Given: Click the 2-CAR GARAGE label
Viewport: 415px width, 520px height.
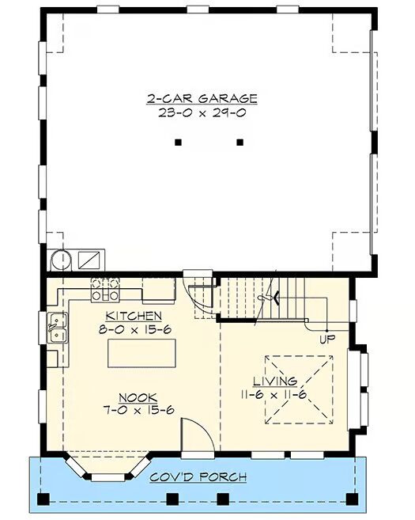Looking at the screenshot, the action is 202,99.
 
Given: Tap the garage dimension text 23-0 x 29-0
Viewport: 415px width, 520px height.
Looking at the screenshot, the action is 202,113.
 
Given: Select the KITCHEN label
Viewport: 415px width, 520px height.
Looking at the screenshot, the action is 134,316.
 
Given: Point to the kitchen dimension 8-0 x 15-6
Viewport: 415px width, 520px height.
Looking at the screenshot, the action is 134,329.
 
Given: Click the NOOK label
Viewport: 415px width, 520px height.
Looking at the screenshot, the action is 138,397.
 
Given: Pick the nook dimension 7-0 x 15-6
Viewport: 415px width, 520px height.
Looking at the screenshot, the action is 139,410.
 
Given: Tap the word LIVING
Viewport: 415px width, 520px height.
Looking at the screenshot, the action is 275,381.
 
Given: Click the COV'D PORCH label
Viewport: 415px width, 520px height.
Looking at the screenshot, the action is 198,477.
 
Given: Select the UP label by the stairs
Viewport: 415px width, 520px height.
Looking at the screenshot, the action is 327,340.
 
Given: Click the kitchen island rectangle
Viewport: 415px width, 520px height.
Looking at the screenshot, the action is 141,353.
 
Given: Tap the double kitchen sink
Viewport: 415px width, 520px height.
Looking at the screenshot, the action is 57,328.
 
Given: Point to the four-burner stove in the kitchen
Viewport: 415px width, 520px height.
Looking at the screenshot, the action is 105,290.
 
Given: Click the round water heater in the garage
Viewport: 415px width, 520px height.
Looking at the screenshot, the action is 62,260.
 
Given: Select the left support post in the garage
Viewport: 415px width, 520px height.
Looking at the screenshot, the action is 178,142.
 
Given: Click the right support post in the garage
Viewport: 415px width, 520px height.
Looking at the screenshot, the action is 240,142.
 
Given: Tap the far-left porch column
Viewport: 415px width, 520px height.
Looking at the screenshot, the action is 43,499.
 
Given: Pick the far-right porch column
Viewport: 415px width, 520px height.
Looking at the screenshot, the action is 352,499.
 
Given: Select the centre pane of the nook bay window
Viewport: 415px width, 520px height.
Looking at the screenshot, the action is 108,477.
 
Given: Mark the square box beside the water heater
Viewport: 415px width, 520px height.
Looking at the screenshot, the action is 89,260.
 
